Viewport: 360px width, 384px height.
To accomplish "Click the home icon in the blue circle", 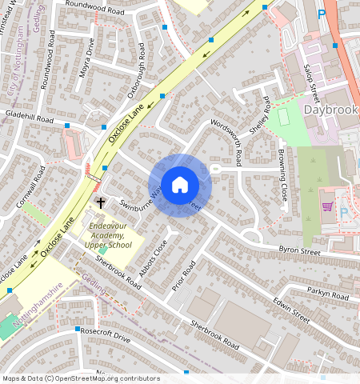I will pos(180,185).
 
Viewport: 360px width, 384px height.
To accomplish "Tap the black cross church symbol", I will pos(102,203).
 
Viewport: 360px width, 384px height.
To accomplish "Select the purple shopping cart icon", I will pos(326,206).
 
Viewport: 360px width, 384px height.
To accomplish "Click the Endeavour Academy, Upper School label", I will pos(110,236).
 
